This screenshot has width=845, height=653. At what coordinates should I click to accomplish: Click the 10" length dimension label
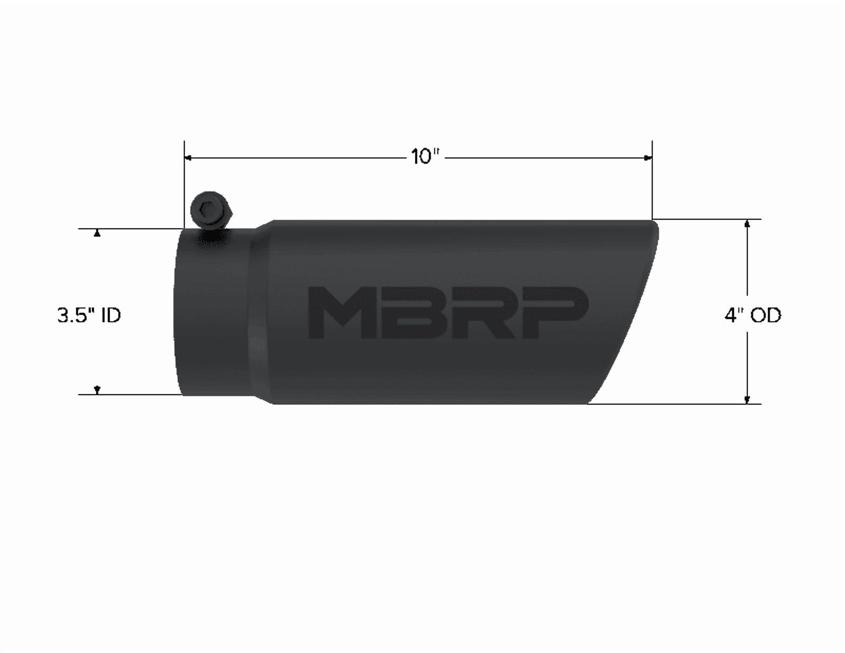point(426,157)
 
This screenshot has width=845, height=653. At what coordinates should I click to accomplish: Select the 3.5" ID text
point(89,315)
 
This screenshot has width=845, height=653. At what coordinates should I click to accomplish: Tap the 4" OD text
point(753,315)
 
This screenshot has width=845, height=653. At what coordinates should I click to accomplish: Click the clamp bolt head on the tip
point(211,210)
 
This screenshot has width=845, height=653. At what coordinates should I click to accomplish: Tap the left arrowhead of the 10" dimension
point(187,157)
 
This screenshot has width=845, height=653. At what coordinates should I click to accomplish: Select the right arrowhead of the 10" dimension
point(649,157)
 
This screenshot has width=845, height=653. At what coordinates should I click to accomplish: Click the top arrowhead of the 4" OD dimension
point(747,224)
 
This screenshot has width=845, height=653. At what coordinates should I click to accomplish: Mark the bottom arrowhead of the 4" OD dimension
point(747,399)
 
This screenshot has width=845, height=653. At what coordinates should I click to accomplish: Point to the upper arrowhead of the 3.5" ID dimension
point(97,234)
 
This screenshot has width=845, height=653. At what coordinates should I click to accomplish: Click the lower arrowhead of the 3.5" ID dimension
point(97,390)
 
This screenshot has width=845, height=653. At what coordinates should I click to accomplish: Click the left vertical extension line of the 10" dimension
point(184,185)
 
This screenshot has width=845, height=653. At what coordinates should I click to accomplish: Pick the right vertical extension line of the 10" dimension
point(652,180)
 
